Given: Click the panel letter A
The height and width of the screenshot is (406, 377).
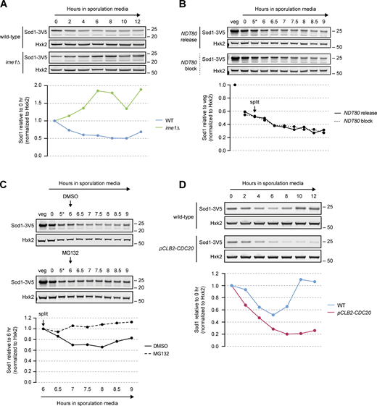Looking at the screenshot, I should coord(5,6).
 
